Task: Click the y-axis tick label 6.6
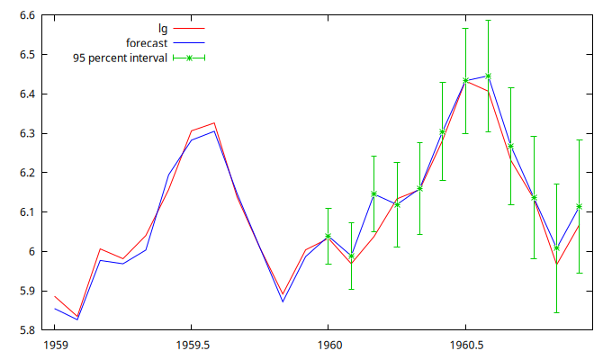26,15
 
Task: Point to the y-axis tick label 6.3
26,133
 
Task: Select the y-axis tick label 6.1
26,212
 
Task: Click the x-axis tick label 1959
54,345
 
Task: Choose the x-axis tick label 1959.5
191,345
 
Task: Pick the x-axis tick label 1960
328,345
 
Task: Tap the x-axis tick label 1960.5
465,345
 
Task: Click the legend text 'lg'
163,28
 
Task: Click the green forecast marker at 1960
328,236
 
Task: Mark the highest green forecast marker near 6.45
488,76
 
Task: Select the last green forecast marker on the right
580,206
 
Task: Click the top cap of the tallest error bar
488,20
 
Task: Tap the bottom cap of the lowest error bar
556,312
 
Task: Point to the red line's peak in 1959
213,122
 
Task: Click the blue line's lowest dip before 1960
283,301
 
